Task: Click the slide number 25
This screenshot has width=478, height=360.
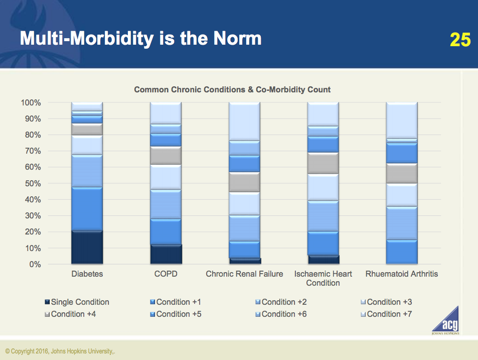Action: click(459, 40)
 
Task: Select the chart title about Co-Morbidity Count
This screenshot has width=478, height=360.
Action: click(232, 90)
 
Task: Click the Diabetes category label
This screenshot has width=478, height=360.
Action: click(87, 274)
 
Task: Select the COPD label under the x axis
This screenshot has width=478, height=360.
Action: click(166, 274)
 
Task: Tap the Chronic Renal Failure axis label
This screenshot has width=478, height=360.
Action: click(244, 274)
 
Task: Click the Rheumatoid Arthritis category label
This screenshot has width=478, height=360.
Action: click(401, 274)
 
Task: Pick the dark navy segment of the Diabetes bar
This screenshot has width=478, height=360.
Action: click(87, 247)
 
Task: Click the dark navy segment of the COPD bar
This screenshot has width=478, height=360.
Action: click(166, 254)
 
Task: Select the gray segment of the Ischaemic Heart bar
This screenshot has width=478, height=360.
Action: click(323, 163)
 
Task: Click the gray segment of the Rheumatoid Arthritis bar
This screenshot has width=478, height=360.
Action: click(401, 173)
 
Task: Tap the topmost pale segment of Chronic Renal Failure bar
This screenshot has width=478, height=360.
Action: click(244, 121)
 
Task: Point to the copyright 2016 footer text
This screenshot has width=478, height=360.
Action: click(62, 351)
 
